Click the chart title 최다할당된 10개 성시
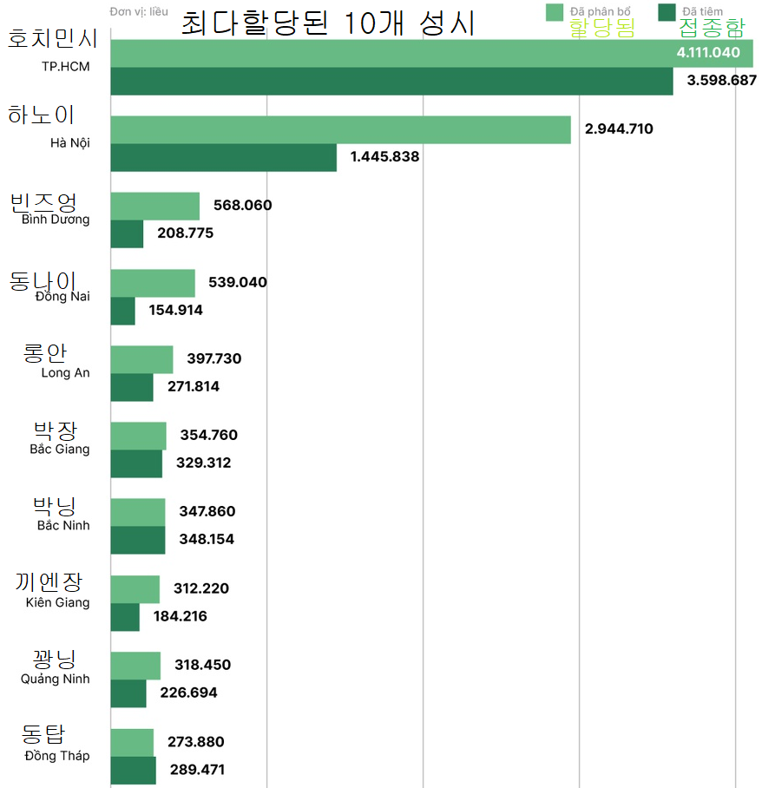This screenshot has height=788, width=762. point(328,23)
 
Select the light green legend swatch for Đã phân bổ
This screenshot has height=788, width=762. point(555,11)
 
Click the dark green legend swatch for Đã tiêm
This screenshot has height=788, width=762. point(667,11)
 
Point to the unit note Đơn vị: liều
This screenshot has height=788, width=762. point(140,12)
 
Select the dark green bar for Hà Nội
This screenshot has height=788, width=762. point(223,157)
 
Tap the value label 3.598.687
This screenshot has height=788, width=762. point(721,80)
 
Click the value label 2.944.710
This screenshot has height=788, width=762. point(619,129)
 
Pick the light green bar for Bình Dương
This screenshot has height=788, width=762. point(155,206)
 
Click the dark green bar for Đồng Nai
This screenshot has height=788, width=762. point(123,311)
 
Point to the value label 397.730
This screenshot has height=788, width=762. point(214,358)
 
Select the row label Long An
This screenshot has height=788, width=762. point(65,373)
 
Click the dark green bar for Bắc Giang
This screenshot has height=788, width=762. point(136,463)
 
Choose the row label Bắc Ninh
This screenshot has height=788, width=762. point(63,526)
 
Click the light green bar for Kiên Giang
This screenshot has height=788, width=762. point(135,588)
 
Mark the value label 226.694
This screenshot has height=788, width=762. point(188,693)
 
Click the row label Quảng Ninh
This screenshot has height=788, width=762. point(56,679)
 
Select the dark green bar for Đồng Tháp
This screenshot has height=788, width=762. point(133,770)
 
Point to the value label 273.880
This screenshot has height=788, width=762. point(195,742)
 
